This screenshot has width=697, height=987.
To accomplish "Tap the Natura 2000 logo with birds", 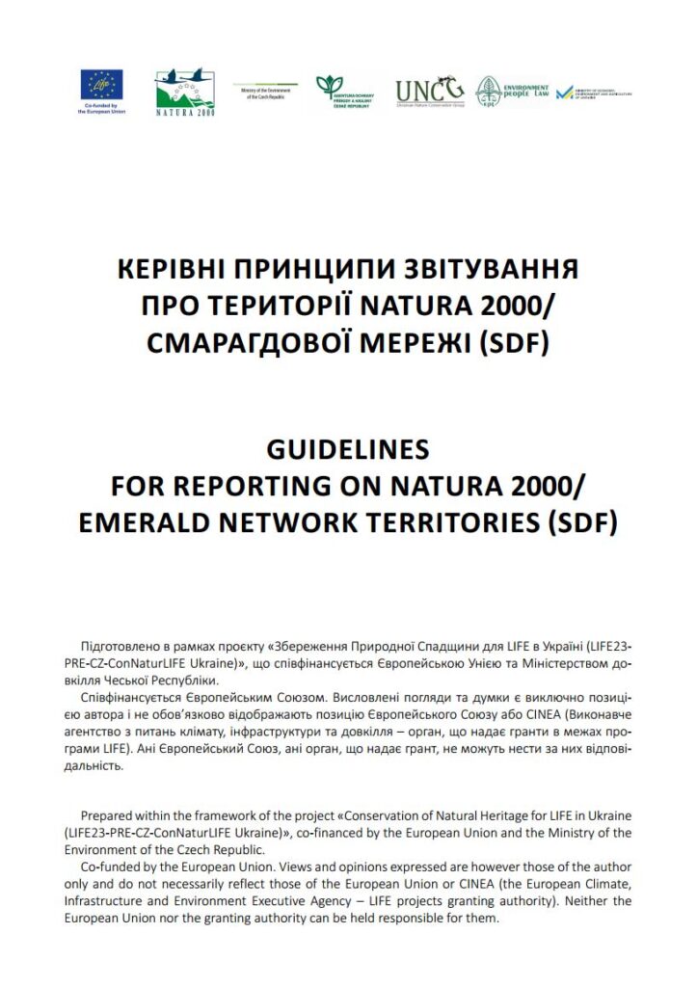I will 185,92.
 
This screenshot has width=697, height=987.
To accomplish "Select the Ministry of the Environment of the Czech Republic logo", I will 264,91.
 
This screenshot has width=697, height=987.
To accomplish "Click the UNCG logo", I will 429,92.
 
